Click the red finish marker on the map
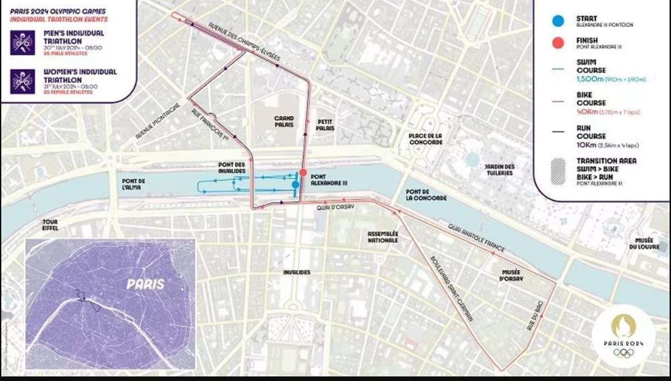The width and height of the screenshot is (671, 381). click(x=303, y=172)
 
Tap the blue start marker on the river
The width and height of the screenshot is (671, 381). click(x=295, y=184)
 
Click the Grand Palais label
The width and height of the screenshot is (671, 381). click(x=284, y=121)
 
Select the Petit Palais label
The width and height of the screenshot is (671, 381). click(x=325, y=124)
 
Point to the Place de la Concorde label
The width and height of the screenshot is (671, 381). click(x=426, y=139)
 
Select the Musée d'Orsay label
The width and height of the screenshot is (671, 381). click(x=511, y=274)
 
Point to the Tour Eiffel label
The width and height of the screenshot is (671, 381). click(x=50, y=225)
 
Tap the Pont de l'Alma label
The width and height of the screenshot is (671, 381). click(x=133, y=184)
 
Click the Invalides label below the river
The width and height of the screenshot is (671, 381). click(x=296, y=272)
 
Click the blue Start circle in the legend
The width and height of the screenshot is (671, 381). click(x=557, y=21)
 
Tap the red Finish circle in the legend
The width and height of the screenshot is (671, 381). click(x=557, y=43)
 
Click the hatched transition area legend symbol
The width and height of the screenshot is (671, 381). click(x=557, y=171)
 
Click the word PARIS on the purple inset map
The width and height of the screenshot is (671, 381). click(x=145, y=284)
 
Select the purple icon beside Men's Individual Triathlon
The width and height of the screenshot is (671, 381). click(x=22, y=43)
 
